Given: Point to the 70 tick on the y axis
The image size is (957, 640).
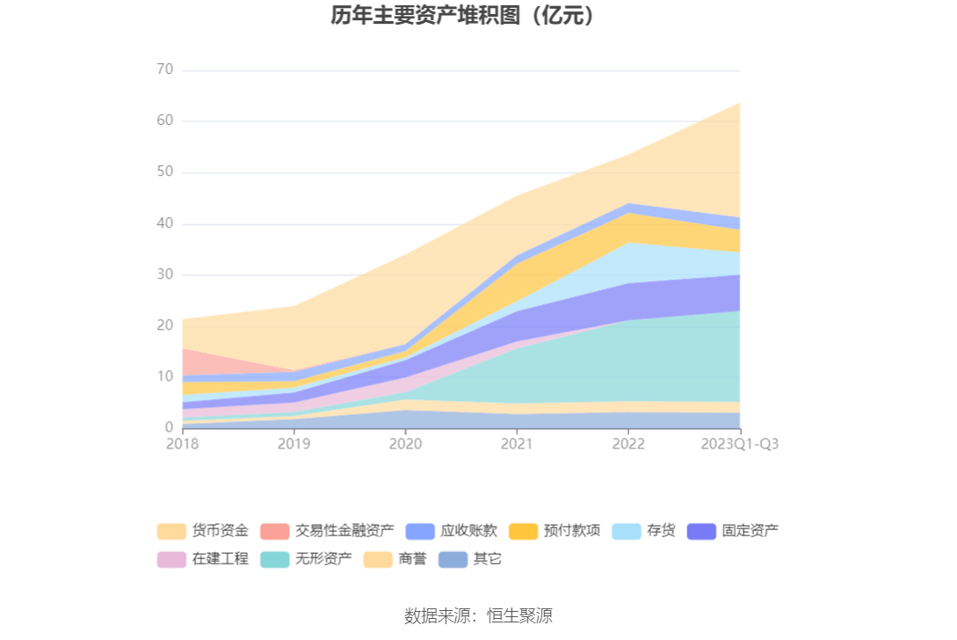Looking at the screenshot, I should tap(164, 69).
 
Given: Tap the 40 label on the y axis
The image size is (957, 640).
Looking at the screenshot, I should tap(164, 223).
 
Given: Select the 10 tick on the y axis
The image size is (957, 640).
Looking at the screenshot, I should tap(164, 376).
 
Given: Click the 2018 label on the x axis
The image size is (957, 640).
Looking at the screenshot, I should tap(183, 444).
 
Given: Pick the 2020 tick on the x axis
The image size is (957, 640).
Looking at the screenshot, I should tap(405, 444).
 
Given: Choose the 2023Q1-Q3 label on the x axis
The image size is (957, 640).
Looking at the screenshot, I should tap(739, 444).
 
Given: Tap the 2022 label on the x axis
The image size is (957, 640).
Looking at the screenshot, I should tap(627, 444).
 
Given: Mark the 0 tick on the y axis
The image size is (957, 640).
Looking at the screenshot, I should tap(169, 427).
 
